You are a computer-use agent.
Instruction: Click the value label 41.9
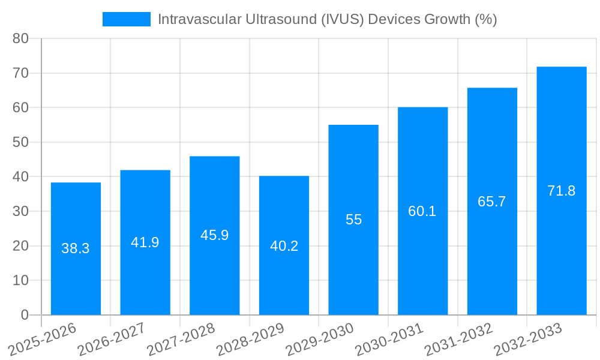(145, 242)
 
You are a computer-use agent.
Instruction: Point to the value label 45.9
(215, 235)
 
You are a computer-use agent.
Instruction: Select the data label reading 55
(354, 220)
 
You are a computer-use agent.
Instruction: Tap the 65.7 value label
(492, 202)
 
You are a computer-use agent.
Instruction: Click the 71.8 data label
(562, 191)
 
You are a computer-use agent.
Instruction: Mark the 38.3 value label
(76, 248)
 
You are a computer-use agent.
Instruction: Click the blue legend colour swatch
(126, 19)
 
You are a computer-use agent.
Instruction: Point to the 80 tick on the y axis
(21, 38)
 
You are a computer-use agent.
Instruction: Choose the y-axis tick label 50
(21, 142)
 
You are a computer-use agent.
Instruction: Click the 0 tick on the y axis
(25, 315)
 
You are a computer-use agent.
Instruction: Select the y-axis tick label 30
(21, 211)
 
